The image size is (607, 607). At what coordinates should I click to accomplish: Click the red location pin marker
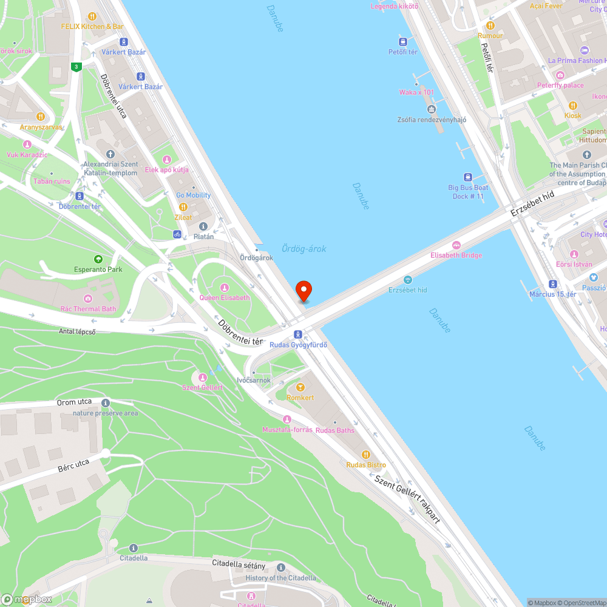tap(303, 290)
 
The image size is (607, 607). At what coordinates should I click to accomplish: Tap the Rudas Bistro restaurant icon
tap(365, 454)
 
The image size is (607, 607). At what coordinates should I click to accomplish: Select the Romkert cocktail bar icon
tap(299, 387)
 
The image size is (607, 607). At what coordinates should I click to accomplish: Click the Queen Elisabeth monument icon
tap(224, 287)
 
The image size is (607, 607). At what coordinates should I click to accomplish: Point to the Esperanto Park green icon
tap(98, 259)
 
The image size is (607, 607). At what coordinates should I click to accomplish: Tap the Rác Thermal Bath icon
tap(88, 298)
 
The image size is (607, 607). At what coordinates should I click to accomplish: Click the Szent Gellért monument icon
tap(203, 378)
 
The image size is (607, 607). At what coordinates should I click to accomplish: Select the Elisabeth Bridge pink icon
tap(456, 245)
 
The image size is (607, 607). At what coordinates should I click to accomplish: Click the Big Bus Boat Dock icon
tap(467, 177)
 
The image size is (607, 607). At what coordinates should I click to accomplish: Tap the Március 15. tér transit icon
tap(552, 283)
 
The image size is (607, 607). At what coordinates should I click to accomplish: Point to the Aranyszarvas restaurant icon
tap(41, 116)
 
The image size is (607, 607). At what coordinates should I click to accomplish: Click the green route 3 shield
tap(76, 67)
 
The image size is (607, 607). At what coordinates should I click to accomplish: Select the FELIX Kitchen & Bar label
tap(92, 27)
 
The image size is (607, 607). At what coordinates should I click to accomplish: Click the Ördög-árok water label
tap(304, 249)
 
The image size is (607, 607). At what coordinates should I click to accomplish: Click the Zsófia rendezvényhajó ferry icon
tap(432, 109)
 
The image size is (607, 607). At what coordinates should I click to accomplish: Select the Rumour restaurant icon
tap(490, 25)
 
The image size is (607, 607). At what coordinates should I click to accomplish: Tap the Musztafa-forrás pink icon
tap(287, 419)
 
